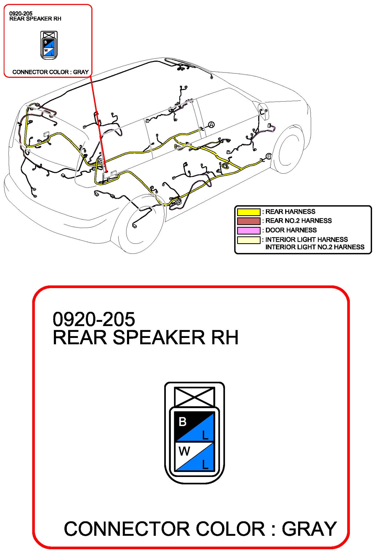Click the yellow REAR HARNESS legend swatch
[248, 212]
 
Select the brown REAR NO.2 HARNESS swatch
[248, 221]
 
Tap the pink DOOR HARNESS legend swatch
[248, 230]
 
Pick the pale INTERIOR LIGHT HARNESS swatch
[248, 240]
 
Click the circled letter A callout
[211, 125]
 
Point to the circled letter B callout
[268, 157]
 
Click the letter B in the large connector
[182, 422]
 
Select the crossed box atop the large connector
[194, 397]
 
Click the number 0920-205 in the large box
[94, 319]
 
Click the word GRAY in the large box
[309, 529]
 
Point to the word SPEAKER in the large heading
[159, 337]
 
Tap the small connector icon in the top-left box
[49, 45]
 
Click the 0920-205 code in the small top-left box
[21, 13]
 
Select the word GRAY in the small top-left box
[81, 72]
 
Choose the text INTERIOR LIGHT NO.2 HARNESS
[315, 247]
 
